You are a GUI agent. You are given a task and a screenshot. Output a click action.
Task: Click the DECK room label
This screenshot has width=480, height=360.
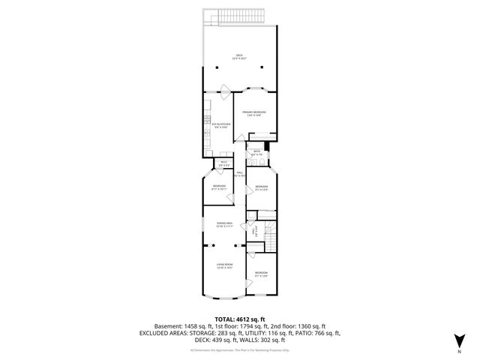[x=239, y=56]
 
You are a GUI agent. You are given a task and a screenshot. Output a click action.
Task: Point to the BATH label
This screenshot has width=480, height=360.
[x=256, y=153]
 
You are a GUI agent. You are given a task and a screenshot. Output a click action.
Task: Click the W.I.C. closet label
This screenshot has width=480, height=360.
[x=223, y=162]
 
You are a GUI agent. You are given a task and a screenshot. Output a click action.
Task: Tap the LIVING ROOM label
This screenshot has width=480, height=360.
[x=224, y=265]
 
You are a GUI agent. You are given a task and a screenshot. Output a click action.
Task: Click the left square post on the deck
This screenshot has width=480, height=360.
[x=217, y=65]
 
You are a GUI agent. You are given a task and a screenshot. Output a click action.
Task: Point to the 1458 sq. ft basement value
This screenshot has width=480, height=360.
[x=198, y=326]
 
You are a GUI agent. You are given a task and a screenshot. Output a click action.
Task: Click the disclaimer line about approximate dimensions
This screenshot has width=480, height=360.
[x=239, y=350]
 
